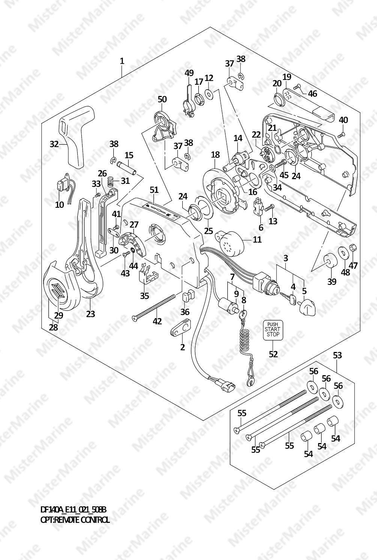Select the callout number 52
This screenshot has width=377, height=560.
273,353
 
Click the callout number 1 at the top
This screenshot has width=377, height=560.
122,61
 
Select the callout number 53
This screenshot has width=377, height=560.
337,355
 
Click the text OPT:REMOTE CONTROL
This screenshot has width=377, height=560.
75,520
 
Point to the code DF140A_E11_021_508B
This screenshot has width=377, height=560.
74,510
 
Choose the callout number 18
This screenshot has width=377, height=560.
215,154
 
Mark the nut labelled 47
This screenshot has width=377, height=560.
353,248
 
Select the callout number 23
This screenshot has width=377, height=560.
90,313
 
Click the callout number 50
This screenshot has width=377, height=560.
162,99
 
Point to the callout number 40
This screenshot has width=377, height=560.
343,120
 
